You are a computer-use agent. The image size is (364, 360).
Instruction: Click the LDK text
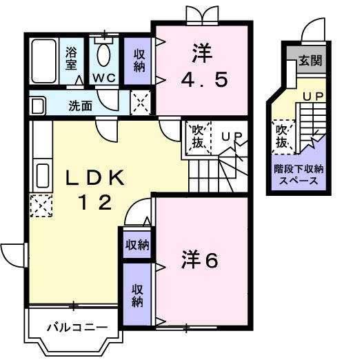[x=94, y=178]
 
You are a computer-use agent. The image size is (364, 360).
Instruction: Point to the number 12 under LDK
[x=94, y=203]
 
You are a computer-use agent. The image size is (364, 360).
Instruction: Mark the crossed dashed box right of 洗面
[x=140, y=103]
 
